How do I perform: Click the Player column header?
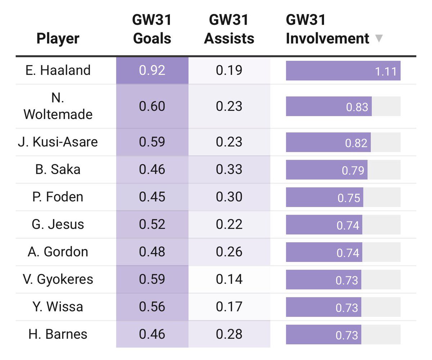point(58,38)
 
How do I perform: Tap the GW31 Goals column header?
point(152,29)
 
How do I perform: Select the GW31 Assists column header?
point(229,29)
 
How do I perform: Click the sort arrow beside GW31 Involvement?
point(378,38)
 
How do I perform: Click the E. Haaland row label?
point(58,70)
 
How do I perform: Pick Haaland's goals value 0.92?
point(152,70)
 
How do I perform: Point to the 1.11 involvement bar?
point(343,71)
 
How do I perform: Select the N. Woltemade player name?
point(58,106)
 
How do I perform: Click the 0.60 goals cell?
point(152,106)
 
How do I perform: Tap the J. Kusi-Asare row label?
point(58,142)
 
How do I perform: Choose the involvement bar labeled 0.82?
point(328,142)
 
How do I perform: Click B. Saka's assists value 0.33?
point(229,169)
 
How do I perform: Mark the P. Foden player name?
point(58,197)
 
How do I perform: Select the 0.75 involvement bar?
point(324,197)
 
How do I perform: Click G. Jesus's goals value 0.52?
point(152,224)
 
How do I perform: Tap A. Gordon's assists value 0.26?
point(229,252)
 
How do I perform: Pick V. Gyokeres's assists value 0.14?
point(229,279)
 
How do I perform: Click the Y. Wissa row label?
point(58,307)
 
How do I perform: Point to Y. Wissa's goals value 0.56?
point(152,307)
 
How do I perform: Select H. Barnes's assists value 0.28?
point(229,334)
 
